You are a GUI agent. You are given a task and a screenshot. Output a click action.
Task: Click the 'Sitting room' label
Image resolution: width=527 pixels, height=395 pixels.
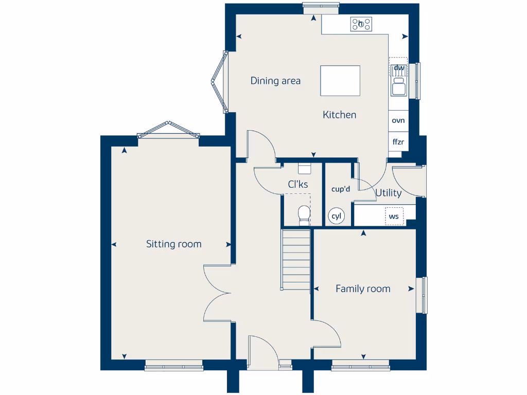coord(173,244)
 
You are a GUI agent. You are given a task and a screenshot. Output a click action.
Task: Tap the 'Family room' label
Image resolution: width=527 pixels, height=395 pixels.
coord(363,289)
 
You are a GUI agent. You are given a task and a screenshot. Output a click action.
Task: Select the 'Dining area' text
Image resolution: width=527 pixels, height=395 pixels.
coord(275,81)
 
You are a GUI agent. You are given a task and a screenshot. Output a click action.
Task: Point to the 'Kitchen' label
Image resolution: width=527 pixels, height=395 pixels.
coord(339,115)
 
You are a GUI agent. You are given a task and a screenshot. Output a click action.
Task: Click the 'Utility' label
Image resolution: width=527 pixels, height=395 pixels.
coord(389,193)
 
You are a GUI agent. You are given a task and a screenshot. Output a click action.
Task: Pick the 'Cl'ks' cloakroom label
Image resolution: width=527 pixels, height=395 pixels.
coord(298,184)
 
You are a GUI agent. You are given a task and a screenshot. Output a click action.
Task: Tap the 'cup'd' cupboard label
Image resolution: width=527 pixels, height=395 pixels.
coord(340,189)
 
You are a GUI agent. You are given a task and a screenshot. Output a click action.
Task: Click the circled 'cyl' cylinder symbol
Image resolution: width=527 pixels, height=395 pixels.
coord(337,217)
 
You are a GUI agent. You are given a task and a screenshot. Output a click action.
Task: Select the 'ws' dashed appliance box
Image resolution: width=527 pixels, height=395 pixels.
coord(394,217)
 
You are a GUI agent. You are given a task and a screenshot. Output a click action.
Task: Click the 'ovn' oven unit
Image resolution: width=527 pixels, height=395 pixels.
coord(398,121)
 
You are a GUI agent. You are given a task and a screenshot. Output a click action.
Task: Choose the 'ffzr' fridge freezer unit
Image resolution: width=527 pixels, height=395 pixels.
coord(398,141)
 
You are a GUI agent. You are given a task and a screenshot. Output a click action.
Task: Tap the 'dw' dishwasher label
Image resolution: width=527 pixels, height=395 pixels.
coord(399,68)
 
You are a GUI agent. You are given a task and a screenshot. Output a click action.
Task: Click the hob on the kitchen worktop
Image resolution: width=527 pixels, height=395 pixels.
coord(361,24)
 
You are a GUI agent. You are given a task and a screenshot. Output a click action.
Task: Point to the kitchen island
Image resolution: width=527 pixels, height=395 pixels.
coord(340,80)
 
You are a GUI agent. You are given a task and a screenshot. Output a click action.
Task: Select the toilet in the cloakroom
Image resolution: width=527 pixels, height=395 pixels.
coord(304,214)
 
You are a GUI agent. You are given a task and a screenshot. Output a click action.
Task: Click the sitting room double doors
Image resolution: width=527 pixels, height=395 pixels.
coord(217,294)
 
